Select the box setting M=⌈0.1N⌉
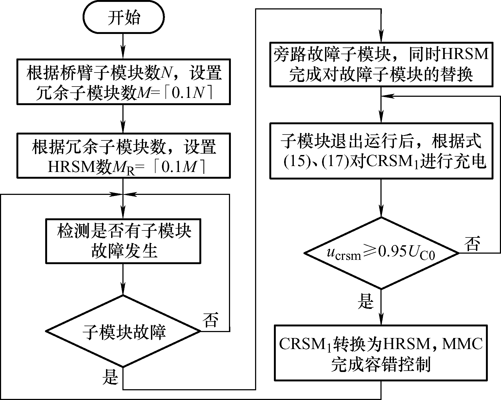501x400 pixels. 124,82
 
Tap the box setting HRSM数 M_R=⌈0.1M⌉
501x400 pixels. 124,156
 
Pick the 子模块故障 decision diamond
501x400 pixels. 124,331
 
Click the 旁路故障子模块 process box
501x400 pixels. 381,64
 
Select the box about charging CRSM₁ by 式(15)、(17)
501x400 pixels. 381,151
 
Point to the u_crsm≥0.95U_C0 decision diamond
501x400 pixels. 381,253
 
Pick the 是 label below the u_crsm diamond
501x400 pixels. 366,301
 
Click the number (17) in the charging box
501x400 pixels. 338,162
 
